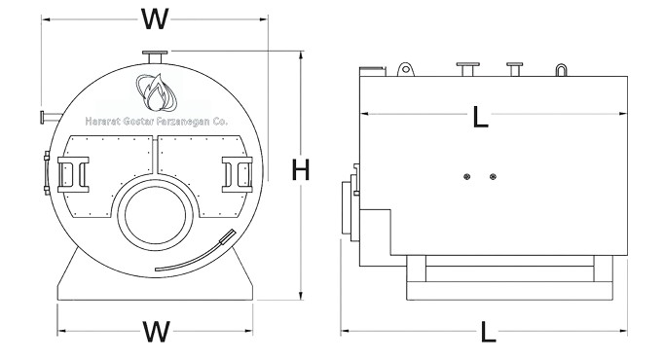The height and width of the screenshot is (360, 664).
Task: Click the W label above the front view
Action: pos(155,19)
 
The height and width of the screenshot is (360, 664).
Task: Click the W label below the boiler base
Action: pos(156,331)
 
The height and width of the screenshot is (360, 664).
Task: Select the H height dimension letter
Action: pos(301,170)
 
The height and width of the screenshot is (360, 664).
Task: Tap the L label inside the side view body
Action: pos(480,117)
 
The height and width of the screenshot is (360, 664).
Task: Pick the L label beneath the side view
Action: pos(488,332)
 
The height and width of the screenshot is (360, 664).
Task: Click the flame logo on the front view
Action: pos(156,92)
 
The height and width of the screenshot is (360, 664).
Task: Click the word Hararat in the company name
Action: pos(96,122)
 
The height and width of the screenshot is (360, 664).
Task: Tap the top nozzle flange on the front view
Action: pos(155,53)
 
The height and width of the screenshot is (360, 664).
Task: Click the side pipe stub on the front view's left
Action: pos(51,117)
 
